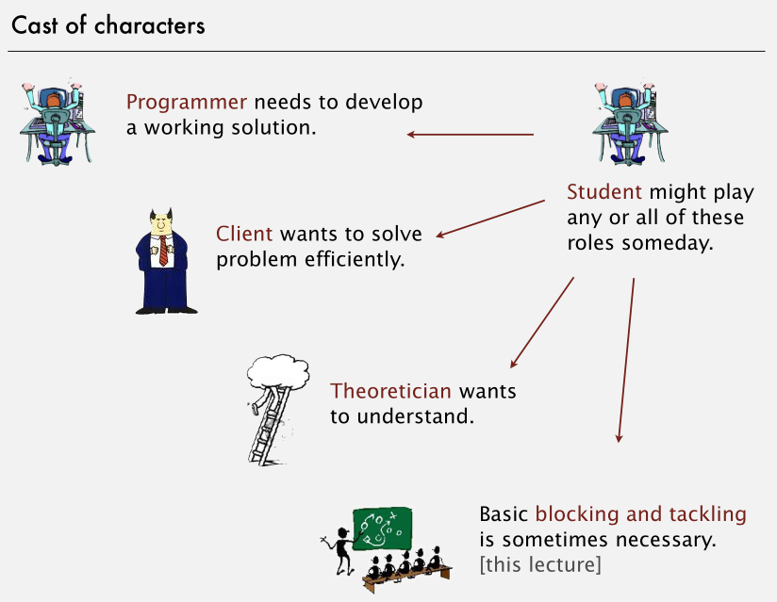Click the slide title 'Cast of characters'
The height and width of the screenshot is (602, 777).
[107, 25]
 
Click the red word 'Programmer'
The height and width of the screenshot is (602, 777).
[187, 103]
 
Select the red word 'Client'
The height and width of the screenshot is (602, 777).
[244, 234]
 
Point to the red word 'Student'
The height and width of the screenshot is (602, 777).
[603, 193]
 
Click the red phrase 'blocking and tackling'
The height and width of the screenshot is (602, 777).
[640, 515]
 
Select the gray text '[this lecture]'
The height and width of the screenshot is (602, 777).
[539, 565]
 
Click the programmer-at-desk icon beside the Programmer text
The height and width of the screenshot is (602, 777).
[56, 122]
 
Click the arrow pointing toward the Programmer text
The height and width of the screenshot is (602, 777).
[471, 135]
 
